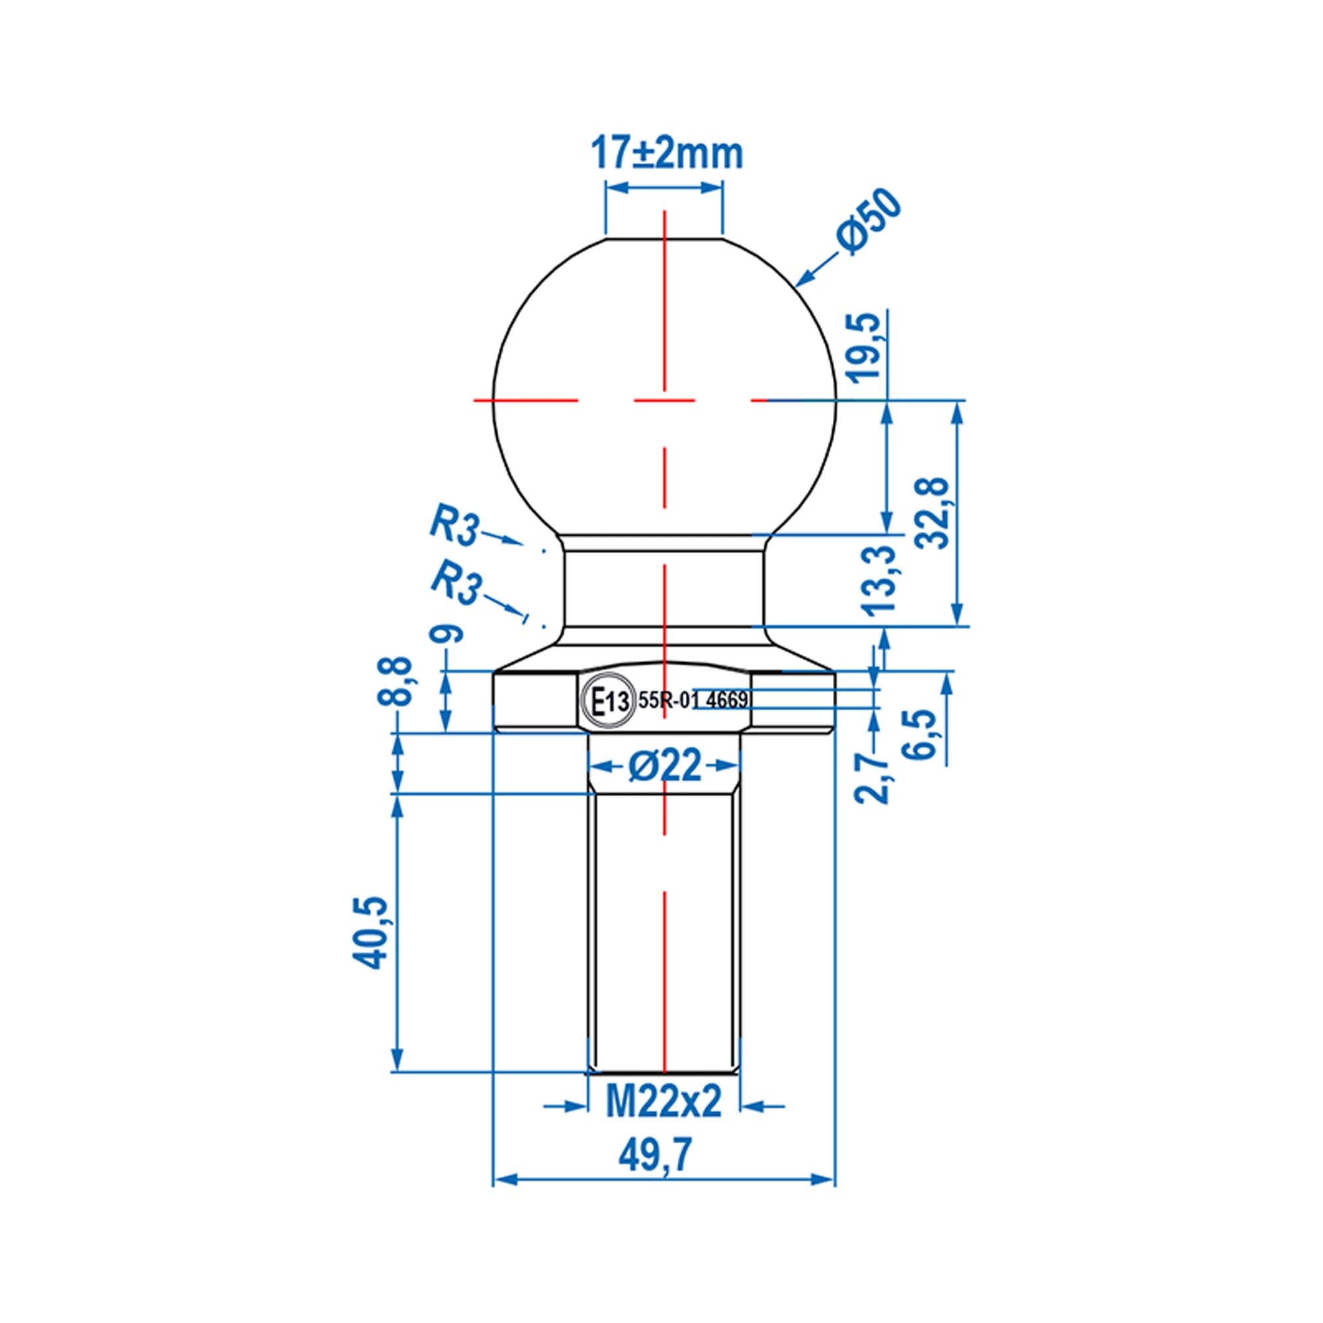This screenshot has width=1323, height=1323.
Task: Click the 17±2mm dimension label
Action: coord(665,154)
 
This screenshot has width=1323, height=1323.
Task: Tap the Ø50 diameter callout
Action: coord(871,222)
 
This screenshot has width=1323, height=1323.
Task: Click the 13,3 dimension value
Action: coord(882,579)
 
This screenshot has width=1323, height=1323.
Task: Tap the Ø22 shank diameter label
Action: coord(665,765)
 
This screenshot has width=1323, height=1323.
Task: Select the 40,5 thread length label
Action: coord(370,933)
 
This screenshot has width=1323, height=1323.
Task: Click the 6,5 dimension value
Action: coord(922,734)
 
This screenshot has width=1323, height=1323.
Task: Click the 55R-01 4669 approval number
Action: coord(692,701)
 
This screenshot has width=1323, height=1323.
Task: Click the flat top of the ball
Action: coord(663,238)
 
